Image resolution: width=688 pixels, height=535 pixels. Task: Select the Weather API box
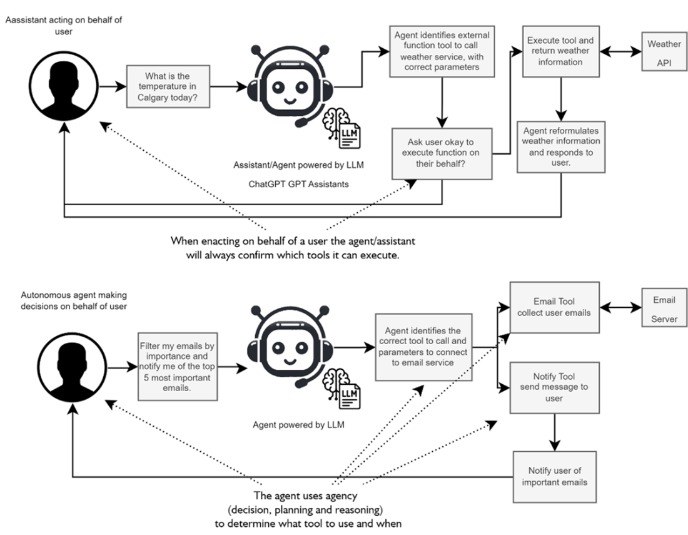(664, 53)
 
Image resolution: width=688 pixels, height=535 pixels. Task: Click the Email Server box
(664, 309)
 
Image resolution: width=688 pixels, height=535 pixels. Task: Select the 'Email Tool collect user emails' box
(553, 307)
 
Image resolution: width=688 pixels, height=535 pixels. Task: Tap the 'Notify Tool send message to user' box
(554, 387)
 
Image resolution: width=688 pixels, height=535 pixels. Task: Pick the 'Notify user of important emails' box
(553, 476)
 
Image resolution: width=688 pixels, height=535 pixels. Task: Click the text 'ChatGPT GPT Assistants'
(296, 186)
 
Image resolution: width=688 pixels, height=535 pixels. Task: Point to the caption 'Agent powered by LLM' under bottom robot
(298, 425)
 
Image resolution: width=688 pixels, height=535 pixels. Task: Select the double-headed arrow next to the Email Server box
(619, 307)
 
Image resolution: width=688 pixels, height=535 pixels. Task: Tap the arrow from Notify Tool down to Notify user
(554, 432)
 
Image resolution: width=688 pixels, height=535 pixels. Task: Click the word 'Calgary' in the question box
(150, 98)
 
